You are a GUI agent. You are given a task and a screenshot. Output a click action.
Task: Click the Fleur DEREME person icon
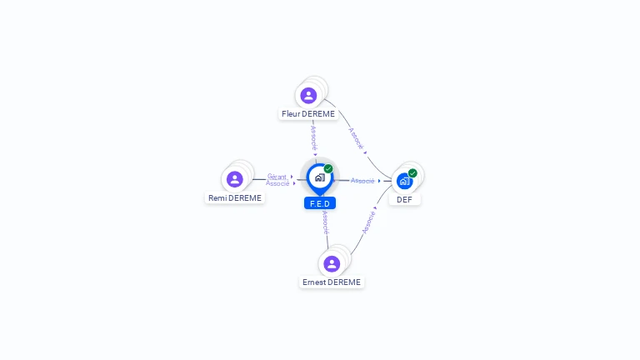tap(308, 96)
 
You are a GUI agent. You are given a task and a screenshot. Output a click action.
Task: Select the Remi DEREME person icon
tap(235, 179)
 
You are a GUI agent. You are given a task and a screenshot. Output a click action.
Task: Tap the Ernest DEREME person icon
tap(332, 264)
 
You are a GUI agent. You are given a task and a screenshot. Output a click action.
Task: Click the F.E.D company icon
tap(319, 177)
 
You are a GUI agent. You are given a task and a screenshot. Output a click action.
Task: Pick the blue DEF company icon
tap(404, 181)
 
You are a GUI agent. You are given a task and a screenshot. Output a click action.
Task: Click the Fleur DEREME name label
tap(308, 114)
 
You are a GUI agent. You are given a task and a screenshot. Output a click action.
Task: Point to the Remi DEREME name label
tap(235, 198)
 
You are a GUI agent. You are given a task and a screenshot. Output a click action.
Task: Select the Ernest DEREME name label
tap(332, 282)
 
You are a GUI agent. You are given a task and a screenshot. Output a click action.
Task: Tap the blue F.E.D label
tap(320, 203)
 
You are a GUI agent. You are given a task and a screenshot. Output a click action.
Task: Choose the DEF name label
tap(404, 200)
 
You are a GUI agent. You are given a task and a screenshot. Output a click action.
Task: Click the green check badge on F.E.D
tap(328, 168)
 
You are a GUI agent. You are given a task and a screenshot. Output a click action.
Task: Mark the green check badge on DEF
tap(412, 173)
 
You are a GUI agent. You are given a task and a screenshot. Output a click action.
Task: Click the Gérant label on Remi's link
tap(277, 177)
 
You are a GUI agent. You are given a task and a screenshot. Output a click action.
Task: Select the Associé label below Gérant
tap(277, 183)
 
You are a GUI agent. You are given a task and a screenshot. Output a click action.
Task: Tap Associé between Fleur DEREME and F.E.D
tap(314, 137)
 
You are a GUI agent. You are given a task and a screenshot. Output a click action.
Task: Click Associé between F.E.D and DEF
tap(362, 181)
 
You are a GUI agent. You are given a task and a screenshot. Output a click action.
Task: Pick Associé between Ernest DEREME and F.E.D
tap(325, 222)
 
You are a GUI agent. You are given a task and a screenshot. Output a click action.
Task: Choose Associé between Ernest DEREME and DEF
tap(368, 222)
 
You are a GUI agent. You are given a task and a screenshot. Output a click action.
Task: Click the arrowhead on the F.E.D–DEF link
tap(379, 181)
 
